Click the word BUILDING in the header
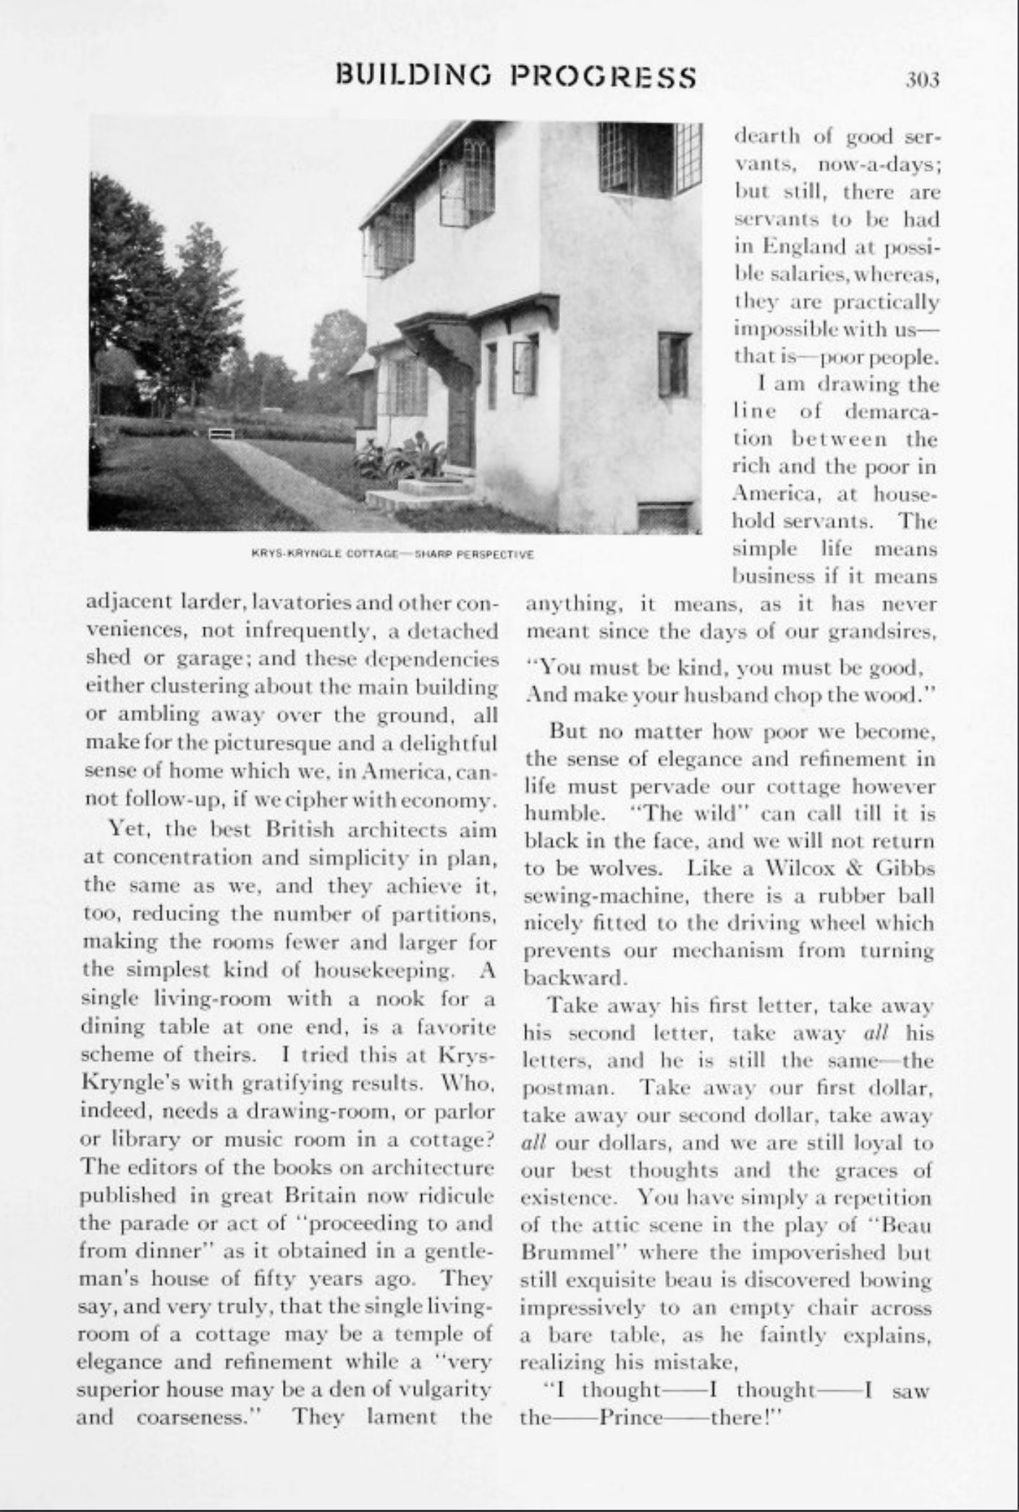click(413, 76)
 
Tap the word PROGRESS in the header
click(603, 76)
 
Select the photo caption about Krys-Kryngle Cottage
click(392, 555)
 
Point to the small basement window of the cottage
click(664, 516)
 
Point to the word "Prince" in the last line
click(631, 1416)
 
